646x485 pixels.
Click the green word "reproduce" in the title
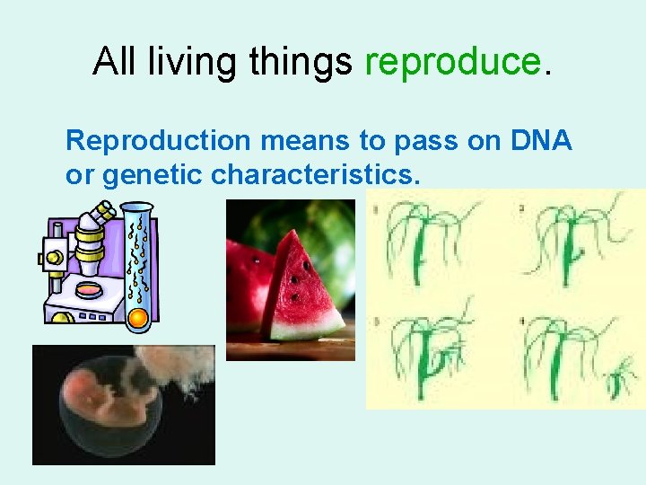point(452,61)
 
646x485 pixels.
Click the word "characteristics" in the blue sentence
point(314,174)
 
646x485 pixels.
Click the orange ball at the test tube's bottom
point(137,318)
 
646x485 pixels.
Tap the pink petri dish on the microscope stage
point(89,289)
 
